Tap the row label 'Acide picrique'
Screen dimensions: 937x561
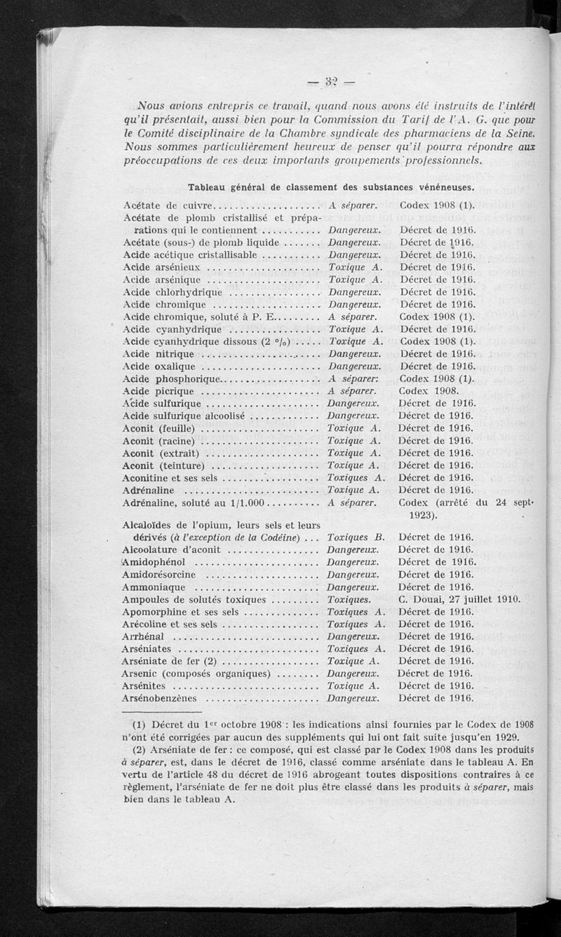[158, 391]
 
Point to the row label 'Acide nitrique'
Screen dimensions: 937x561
[158, 354]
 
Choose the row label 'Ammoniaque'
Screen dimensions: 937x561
[154, 587]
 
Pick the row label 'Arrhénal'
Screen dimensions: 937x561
[143, 636]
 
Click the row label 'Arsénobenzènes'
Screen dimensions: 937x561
[160, 698]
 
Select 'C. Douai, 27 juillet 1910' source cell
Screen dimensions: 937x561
[459, 599]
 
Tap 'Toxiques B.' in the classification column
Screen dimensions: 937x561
[356, 538]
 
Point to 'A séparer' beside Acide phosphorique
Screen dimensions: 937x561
[353, 378]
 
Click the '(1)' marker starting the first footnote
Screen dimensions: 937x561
[139, 724]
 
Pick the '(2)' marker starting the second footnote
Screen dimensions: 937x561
[139, 749]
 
